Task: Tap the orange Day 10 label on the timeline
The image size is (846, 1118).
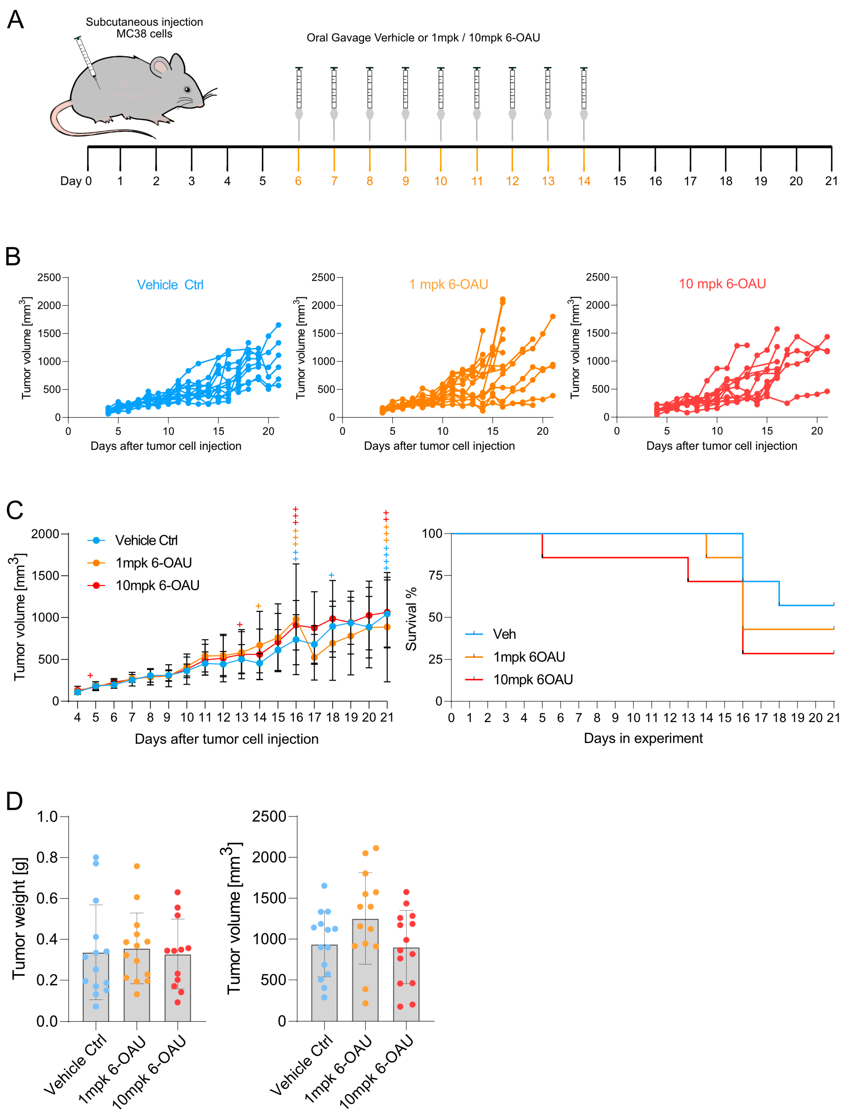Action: tap(441, 181)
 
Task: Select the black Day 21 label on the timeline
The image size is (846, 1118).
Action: tap(831, 181)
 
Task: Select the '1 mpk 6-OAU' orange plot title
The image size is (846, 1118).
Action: tap(448, 285)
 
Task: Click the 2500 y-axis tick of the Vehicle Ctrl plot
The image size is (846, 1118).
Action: tap(49, 277)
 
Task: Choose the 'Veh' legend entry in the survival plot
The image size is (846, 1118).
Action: tap(504, 634)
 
